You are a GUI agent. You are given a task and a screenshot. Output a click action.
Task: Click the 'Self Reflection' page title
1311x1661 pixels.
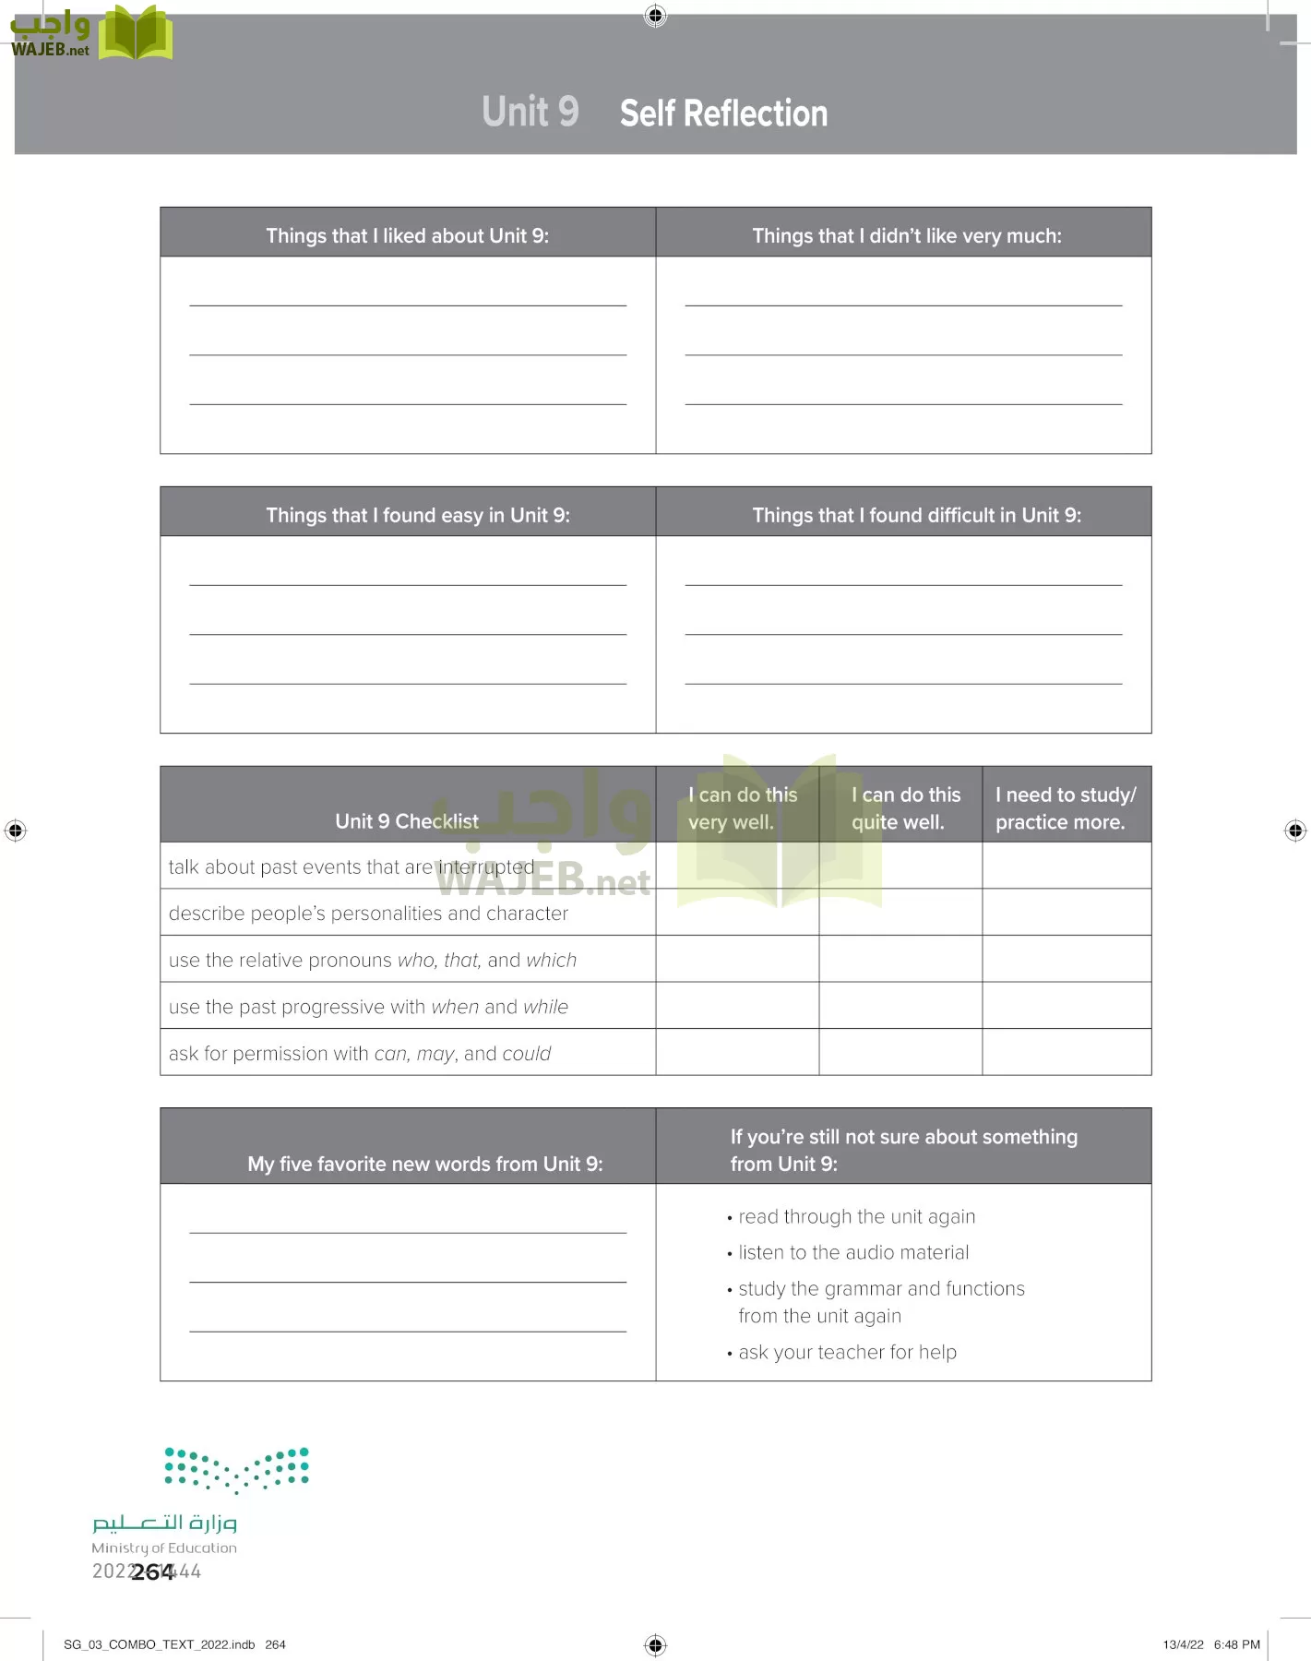click(x=723, y=114)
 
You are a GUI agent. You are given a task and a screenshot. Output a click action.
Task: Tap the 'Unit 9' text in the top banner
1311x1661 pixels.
click(x=530, y=112)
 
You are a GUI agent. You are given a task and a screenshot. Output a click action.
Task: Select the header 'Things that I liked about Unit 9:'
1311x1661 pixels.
click(x=407, y=235)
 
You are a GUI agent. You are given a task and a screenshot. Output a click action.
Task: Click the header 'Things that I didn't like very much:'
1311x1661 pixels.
click(x=906, y=235)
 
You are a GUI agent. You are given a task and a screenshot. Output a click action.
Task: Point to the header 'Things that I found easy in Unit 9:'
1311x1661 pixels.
click(x=417, y=515)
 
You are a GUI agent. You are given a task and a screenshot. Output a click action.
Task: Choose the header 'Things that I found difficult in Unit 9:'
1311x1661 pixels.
click(x=916, y=515)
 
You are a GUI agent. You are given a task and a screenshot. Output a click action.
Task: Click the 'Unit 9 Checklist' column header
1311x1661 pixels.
click(x=407, y=820)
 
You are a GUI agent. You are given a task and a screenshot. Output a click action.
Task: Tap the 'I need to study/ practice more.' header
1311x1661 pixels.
click(x=1065, y=807)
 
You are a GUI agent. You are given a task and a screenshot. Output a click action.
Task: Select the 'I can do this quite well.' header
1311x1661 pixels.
click(x=904, y=807)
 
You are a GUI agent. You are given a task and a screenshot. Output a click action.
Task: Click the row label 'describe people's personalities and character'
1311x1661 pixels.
click(x=368, y=913)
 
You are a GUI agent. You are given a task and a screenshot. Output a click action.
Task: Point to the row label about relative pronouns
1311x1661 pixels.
click(x=372, y=960)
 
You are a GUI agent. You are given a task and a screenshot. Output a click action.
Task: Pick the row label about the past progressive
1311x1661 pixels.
click(x=368, y=1007)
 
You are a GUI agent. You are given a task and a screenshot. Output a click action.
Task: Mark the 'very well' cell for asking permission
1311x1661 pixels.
click(x=737, y=1052)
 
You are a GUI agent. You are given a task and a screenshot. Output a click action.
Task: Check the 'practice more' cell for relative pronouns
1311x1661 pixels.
click(x=1066, y=959)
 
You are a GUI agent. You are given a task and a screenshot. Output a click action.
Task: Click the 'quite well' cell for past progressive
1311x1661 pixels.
click(x=900, y=1006)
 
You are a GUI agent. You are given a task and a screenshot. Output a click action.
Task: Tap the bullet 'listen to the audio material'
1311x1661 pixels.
click(x=852, y=1252)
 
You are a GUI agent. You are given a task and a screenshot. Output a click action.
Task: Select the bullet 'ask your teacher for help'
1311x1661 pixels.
click(x=847, y=1352)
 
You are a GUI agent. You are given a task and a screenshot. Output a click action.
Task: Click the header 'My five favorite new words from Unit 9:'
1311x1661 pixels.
click(x=424, y=1164)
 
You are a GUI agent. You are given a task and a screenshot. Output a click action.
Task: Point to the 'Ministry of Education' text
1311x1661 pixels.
click(x=164, y=1547)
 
